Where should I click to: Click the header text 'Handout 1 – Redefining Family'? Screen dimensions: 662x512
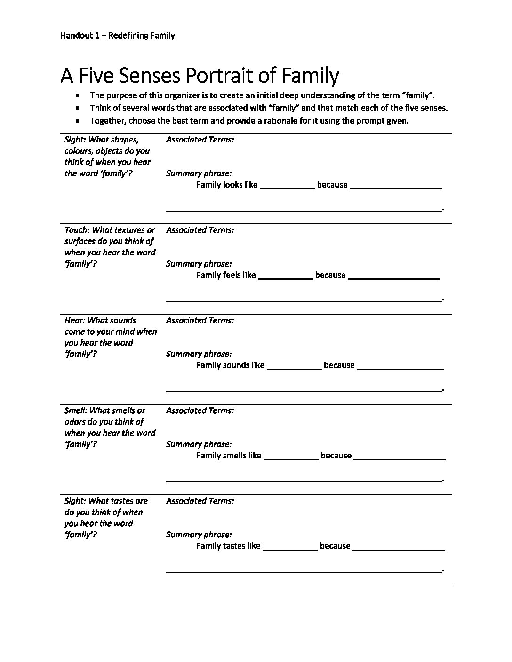pos(118,36)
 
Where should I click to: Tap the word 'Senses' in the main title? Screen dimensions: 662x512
pos(144,76)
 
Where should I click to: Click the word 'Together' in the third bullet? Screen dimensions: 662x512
pos(108,121)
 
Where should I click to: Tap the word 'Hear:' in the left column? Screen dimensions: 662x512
pos(74,320)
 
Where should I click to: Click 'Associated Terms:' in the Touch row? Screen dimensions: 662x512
pos(200,230)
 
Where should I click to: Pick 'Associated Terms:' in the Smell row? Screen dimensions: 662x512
pos(200,410)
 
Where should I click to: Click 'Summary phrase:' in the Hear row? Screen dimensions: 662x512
pos(199,354)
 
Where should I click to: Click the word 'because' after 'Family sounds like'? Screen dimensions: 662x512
pos(339,365)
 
